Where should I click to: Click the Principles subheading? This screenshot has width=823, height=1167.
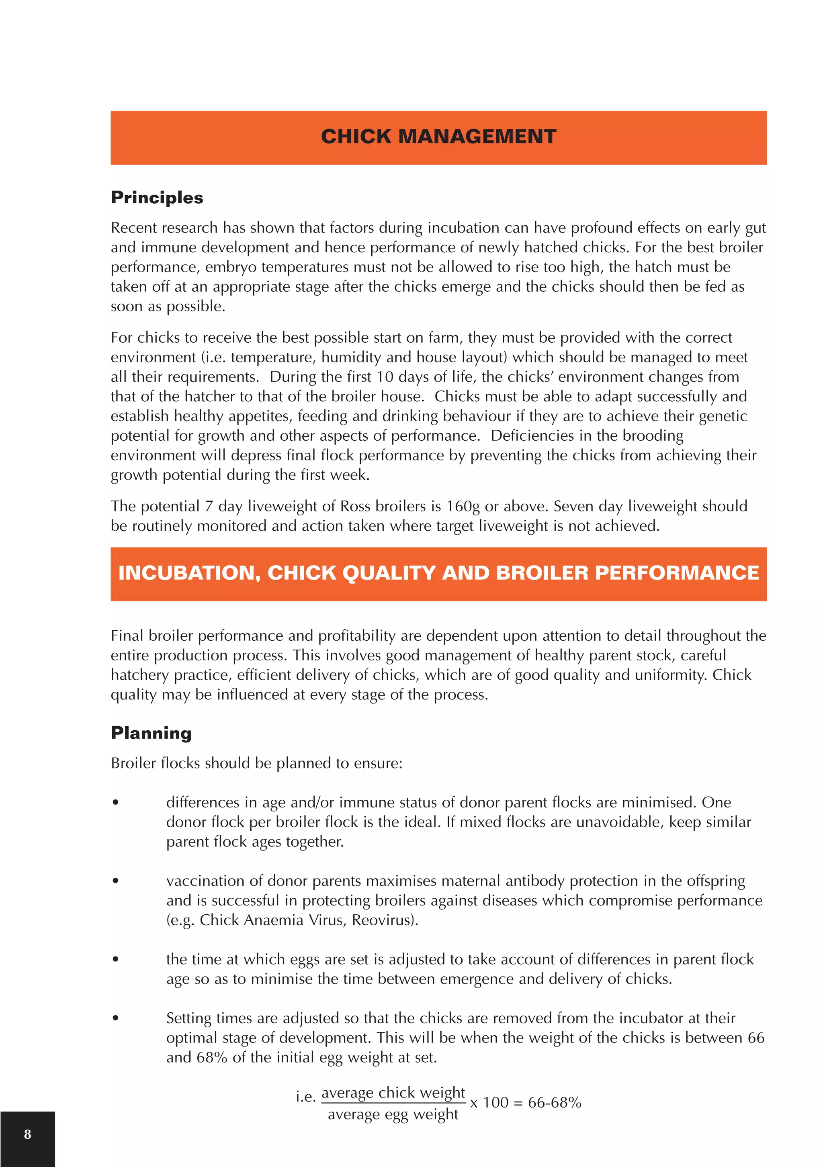[x=157, y=198]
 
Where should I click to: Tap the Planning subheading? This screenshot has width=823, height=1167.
[x=151, y=733]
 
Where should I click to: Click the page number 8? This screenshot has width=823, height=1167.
[x=27, y=1134]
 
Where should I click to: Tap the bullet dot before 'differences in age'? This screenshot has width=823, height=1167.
[x=116, y=803]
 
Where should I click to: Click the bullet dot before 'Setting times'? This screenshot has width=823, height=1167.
[x=116, y=1018]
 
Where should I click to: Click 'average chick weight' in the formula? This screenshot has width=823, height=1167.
[x=393, y=1092]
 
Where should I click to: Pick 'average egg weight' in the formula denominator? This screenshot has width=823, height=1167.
[x=393, y=1114]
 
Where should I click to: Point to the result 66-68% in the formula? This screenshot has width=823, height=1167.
[x=554, y=1102]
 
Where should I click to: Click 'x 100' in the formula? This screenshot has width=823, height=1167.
[x=489, y=1102]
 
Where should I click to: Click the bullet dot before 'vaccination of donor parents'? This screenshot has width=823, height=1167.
[x=116, y=881]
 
